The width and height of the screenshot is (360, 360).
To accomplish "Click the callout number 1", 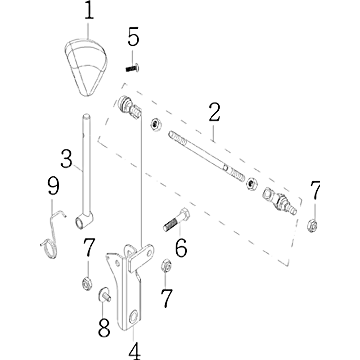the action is point(89,10).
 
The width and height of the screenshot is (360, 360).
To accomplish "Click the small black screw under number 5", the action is point(132,68).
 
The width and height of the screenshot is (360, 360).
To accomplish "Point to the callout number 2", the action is point(215,112).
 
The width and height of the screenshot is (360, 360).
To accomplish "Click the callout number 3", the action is point(66,159).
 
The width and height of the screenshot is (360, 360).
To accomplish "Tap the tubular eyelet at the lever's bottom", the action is point(84,221).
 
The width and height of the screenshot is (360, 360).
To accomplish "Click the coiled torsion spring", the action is point(52,239).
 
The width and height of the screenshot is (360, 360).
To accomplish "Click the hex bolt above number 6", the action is point(176,220).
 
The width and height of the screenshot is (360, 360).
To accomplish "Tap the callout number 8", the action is point(104,328).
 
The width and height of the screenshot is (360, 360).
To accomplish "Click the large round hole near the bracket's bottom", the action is point(133,317).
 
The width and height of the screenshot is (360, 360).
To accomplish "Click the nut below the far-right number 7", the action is point(312,225).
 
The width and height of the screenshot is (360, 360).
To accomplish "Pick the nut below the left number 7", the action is point(87,284).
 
